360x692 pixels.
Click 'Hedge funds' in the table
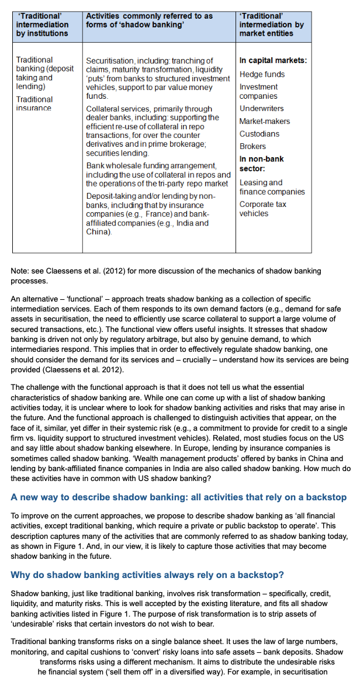[x=262, y=74]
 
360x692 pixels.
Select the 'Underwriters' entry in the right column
[x=261, y=109]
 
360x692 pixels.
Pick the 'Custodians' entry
[x=259, y=134]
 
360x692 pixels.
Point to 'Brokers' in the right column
[x=252, y=146]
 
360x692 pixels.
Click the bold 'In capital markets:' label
[x=273, y=60]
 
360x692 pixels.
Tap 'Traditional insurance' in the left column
[x=34, y=103]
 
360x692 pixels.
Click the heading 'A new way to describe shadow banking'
[x=178, y=497]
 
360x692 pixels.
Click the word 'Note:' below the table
[x=20, y=271]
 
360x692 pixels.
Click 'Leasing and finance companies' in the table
[x=272, y=187]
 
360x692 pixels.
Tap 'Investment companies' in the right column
[x=258, y=91]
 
